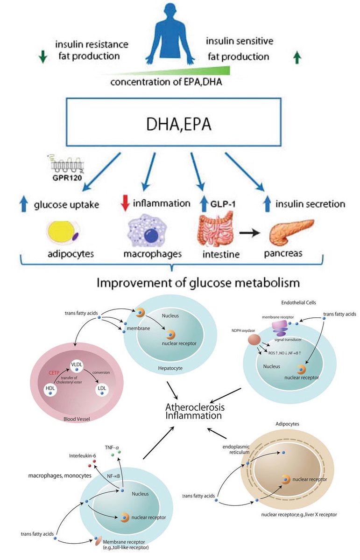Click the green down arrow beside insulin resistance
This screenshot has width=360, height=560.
coord(43,56)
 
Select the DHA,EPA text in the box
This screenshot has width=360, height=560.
coord(179,124)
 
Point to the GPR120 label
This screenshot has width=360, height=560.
coord(67,178)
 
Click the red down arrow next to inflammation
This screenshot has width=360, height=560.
coord(125,204)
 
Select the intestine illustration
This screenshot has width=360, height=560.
coord(216,229)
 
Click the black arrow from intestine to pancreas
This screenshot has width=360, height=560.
coord(249,233)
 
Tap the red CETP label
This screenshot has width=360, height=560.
coord(54,373)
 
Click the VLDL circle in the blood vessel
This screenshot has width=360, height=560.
coord(77,366)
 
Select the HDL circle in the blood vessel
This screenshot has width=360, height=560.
coord(50,390)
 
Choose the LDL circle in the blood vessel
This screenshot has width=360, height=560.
coord(102,390)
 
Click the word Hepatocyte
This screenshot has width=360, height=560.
coord(170,368)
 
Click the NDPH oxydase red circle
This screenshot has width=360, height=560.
coord(254,340)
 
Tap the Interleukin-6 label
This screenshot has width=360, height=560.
coord(82,455)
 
